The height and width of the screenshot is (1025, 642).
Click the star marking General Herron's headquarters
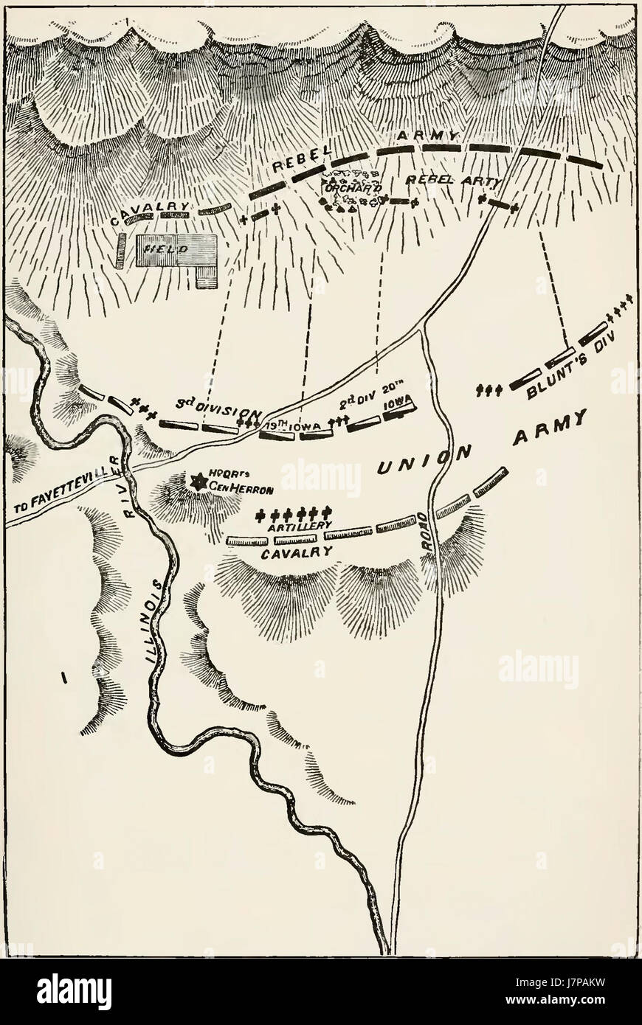197,482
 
